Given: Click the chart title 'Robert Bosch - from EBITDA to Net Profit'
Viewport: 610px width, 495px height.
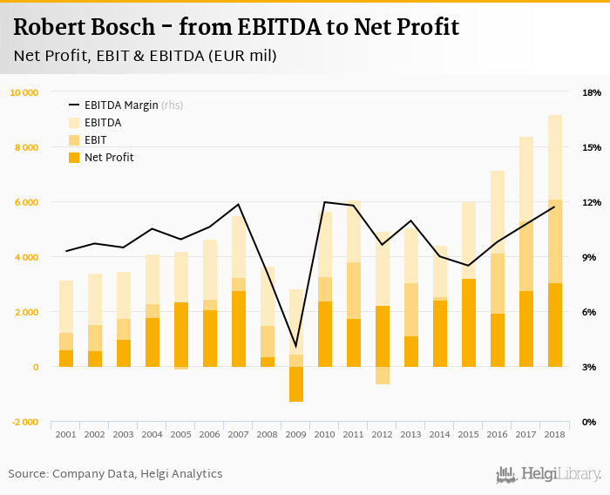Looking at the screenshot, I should point(235,28).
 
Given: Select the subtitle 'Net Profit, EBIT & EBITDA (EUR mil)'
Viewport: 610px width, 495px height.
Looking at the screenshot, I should point(145,56).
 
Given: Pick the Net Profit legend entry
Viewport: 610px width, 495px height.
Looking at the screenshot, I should point(109,158).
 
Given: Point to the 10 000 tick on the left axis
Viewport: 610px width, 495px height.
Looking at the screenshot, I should point(24,92).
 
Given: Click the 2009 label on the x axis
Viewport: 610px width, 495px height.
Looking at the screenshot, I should point(295,434).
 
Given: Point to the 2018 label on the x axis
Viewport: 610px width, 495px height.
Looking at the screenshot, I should point(553,434).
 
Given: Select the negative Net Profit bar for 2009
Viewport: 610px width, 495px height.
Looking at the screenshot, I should point(295,384).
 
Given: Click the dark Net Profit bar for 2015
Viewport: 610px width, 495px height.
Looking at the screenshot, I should point(468,322).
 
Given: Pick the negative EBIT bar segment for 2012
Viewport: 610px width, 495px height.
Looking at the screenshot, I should point(382,376).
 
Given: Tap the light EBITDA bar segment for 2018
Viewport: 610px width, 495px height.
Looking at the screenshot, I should point(554,157).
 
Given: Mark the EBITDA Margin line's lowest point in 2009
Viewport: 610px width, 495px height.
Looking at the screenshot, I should point(295,347).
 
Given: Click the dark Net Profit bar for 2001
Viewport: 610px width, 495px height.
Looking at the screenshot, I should point(66,358).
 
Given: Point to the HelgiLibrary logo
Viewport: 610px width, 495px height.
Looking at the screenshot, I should point(549,475).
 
